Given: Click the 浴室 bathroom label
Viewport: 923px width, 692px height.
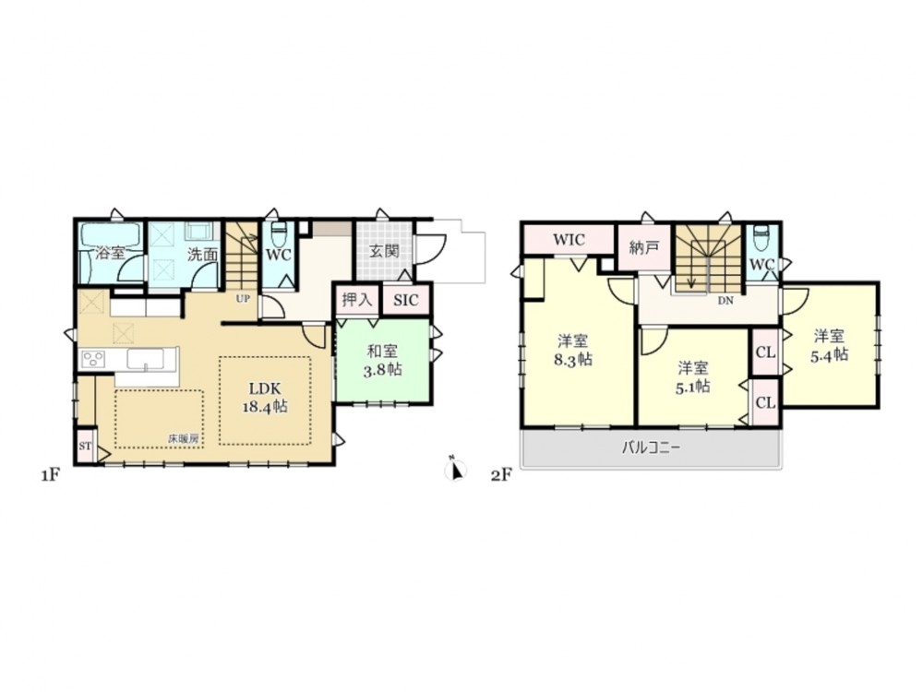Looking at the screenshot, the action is [110, 254].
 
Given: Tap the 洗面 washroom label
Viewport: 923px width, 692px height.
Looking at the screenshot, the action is [202, 255].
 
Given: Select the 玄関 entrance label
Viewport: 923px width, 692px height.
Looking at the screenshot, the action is [384, 251].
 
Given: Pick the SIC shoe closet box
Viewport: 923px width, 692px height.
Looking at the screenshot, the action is [406, 300].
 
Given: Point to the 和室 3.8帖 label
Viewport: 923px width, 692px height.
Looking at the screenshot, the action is [384, 361].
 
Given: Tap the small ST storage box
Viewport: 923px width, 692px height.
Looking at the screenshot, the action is [85, 446].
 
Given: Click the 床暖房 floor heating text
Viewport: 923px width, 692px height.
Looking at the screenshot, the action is [183, 438].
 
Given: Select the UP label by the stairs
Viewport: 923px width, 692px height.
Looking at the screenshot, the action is [243, 298].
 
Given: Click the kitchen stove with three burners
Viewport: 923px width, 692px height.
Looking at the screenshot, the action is [93, 359].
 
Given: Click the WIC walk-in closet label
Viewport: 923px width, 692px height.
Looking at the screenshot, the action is [569, 240].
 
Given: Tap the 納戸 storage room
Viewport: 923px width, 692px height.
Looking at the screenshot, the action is [644, 247].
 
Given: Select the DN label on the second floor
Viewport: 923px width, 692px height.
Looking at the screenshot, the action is [725, 301].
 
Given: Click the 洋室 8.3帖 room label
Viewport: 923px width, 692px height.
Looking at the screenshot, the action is [573, 351].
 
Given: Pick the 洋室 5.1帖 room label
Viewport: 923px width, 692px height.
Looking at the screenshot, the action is [693, 377].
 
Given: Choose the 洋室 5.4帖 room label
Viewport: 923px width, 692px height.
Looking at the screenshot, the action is [829, 346].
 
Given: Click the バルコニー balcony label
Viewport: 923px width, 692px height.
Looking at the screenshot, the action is [651, 447].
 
